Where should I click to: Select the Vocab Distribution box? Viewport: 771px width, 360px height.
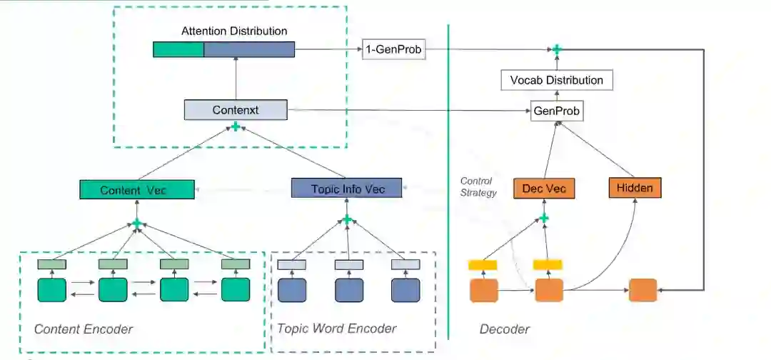point(556,80)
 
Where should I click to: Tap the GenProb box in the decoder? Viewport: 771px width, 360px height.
point(556,111)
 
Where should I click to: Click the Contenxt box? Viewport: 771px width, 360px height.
point(235,110)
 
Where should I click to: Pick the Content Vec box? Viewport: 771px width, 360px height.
point(137,189)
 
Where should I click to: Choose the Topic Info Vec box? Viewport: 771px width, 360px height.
point(347,189)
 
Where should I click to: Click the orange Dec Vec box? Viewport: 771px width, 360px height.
point(544,188)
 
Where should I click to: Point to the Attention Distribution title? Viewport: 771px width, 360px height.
point(234,31)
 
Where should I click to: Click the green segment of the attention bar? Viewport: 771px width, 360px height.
point(178,49)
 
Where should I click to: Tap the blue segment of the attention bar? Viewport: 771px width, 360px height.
point(249,49)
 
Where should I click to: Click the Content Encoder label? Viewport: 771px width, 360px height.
point(84,329)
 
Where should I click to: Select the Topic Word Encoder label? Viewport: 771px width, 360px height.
point(336,329)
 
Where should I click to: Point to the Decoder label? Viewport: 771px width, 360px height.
point(505,329)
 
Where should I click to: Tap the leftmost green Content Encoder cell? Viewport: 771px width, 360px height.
point(51,290)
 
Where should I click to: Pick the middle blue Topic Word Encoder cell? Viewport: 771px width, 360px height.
point(348,290)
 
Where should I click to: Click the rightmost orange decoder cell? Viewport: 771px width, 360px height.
point(642,290)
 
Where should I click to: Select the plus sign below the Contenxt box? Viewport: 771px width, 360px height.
point(235,127)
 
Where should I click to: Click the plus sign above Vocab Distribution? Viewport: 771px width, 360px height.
point(556,49)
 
